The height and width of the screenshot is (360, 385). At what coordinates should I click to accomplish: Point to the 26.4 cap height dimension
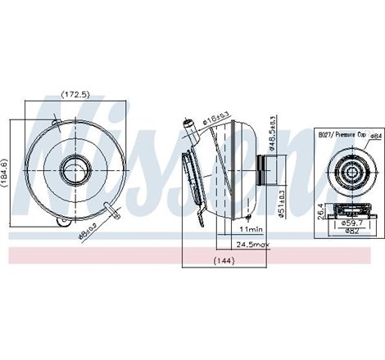coord(319,214)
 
